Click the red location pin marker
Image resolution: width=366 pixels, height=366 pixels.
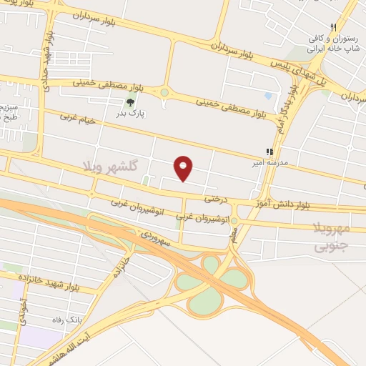[184, 168]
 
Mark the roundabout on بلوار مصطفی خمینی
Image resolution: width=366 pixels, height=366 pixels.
[164, 93]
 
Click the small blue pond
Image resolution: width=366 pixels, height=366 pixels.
[267, 95]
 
